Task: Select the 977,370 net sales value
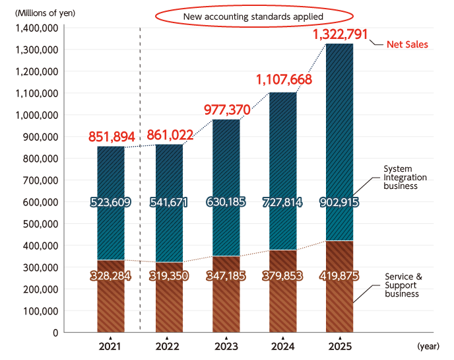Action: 226,109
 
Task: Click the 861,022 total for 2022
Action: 170,136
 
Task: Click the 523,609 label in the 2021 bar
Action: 112,203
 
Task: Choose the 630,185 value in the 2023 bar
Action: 226,203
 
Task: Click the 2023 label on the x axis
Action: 226,347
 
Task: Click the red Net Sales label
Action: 407,45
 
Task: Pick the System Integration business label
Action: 405,178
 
